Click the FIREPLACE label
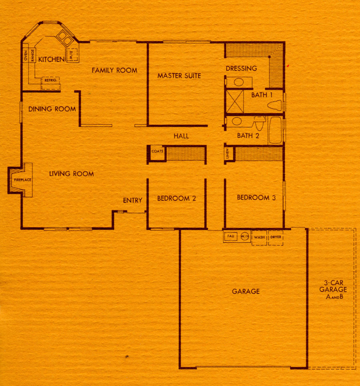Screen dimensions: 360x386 pos(23,180)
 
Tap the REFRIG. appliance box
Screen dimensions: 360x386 pos(51,83)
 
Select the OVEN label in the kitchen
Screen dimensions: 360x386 pos(26,56)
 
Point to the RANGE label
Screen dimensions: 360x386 pos(32,55)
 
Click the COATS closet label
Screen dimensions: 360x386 pos(157,151)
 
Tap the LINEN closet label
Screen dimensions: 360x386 pos(228,154)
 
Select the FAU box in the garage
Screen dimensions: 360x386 pos(230,236)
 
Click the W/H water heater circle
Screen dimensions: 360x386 pos(244,236)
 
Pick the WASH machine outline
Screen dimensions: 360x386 pos(259,238)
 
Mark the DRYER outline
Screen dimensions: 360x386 pos(276,238)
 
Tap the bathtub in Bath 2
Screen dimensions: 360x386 pos(275,130)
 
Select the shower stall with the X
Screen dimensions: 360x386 pos(235,102)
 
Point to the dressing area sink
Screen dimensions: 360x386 pos(239,82)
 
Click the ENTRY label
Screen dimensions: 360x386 pos(132,200)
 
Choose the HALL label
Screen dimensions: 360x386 pos(181,136)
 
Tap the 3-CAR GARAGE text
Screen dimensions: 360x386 pos(333,286)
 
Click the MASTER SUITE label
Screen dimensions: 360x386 pos(179,76)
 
